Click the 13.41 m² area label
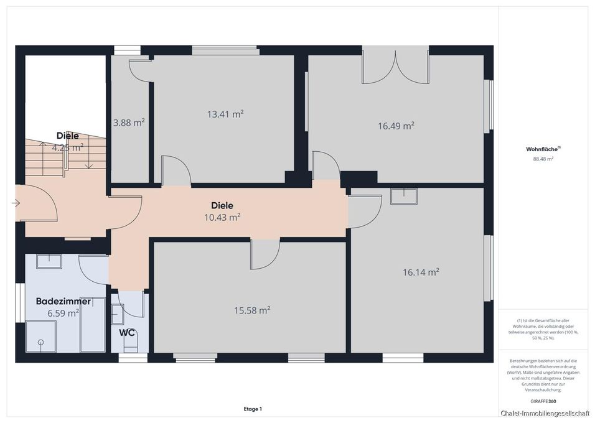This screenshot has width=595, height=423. point(225,114)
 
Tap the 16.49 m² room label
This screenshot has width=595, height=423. point(396,126)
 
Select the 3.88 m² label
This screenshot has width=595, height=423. point(129,123)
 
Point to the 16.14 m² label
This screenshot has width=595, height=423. point(421,272)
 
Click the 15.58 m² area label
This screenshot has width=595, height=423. point(252,310)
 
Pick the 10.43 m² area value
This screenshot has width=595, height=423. point(222,217)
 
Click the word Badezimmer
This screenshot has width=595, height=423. point(63,301)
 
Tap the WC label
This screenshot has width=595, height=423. point(127,333)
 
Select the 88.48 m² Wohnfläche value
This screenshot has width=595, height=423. point(543,159)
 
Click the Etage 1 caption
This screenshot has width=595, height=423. point(253,409)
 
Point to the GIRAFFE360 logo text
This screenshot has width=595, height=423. point(543,401)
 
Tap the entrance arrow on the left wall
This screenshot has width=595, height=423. point(16,203)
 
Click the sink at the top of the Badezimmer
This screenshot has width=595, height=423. point(49,261)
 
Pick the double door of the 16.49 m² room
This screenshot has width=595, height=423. point(395,67)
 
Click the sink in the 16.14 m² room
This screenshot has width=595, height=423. point(404,196)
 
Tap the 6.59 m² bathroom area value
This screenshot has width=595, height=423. point(63,314)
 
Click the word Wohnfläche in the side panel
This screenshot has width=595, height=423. point(543,149)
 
